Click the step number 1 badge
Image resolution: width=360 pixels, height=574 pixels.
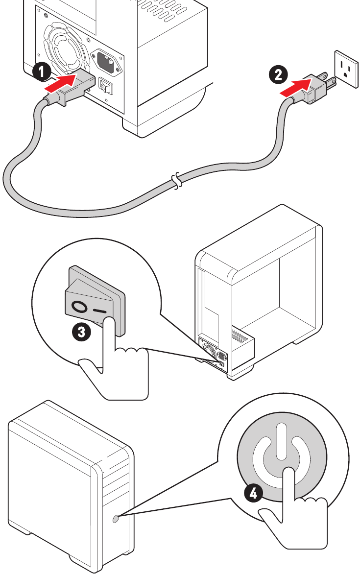[x=41, y=72]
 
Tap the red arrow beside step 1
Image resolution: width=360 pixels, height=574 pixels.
[x=60, y=82]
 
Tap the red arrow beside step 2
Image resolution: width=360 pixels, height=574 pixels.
[x=295, y=85]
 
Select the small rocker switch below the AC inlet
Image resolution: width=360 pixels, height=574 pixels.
[x=106, y=86]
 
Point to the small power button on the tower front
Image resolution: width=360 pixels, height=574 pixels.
[x=115, y=518]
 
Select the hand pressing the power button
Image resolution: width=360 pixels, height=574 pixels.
[x=294, y=519]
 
